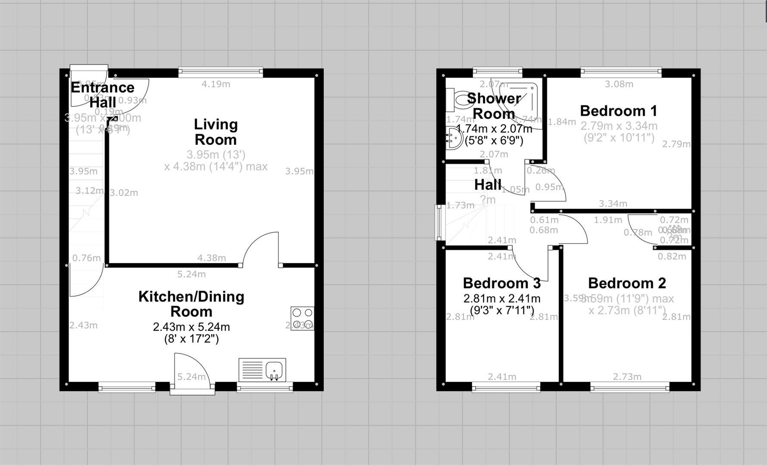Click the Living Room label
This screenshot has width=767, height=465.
[x=215, y=132]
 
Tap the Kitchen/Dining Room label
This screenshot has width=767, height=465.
[x=191, y=304]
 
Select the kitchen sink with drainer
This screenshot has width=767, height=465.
[x=262, y=370]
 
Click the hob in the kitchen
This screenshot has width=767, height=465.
[x=302, y=318]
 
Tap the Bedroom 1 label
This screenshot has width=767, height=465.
[x=619, y=111]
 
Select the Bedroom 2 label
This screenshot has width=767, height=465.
[x=627, y=283]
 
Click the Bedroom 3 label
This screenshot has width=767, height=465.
[x=501, y=283]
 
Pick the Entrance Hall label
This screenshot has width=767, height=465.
[x=102, y=95]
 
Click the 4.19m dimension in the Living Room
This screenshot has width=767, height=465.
[x=216, y=84]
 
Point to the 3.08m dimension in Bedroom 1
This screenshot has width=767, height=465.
[x=619, y=84]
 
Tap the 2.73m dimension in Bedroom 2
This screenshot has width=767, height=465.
[x=627, y=377]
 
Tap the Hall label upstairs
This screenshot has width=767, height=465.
[x=488, y=185]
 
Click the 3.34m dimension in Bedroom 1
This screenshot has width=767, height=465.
[x=613, y=204]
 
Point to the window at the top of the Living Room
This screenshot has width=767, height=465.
[x=220, y=72]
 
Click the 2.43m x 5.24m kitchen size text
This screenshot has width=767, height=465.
[x=191, y=327]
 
